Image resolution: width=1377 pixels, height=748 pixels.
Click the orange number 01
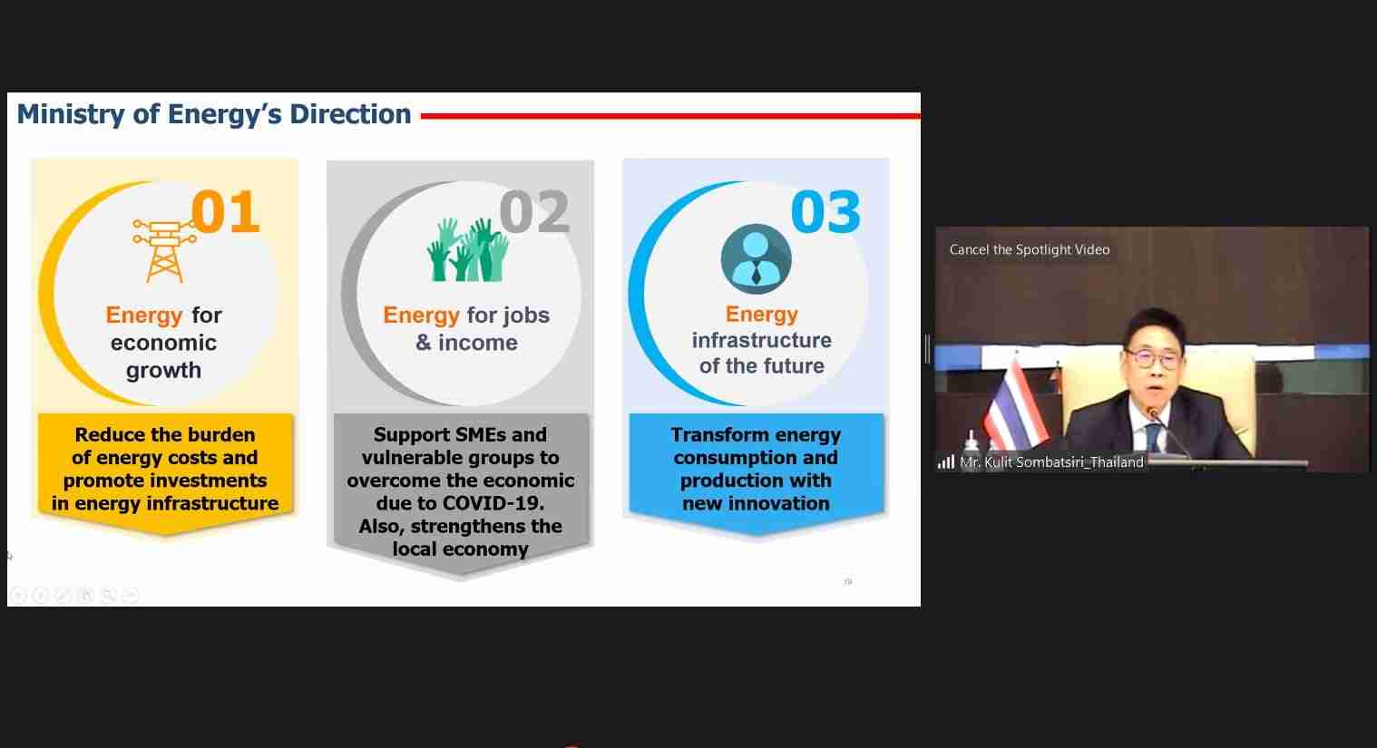[x=226, y=212]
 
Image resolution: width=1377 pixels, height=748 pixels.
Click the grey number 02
[x=534, y=212]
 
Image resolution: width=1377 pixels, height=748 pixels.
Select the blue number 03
[x=825, y=212]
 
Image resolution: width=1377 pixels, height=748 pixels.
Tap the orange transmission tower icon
[x=164, y=251]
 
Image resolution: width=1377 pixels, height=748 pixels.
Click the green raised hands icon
[x=468, y=249]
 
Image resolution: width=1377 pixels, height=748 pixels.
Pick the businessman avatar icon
[x=757, y=258]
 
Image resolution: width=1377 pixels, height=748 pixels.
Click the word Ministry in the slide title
[x=71, y=115]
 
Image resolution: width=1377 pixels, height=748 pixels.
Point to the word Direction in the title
[x=350, y=113]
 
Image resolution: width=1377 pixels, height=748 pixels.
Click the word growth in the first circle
[x=163, y=371]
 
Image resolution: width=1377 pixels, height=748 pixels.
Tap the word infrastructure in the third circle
[x=762, y=340]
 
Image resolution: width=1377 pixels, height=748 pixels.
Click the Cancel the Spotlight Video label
[x=1030, y=249]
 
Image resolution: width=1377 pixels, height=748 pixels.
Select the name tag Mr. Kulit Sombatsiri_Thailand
[x=1052, y=462]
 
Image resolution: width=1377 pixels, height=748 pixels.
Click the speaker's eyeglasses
[x=1154, y=358]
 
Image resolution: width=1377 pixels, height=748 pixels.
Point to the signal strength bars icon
[x=945, y=462]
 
